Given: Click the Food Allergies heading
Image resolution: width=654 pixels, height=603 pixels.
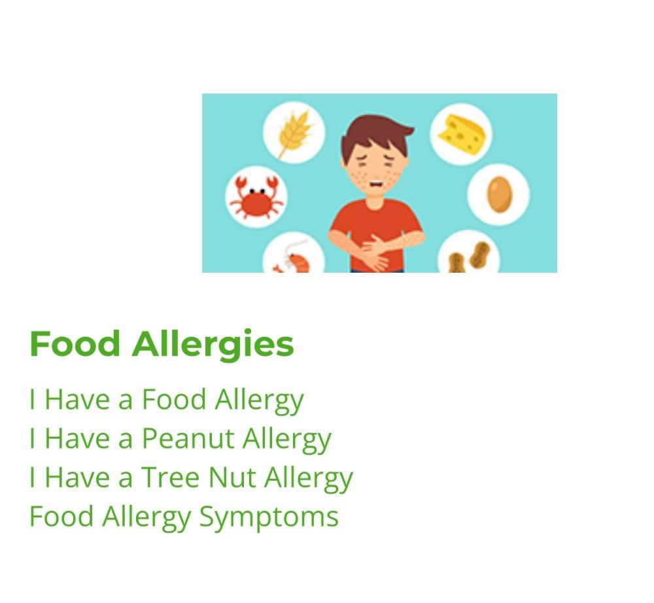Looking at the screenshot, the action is coord(162,345).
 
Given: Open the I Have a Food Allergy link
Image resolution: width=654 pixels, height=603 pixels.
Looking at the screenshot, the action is coord(167,400).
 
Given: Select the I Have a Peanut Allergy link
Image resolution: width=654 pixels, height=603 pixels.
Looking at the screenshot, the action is coord(181,439).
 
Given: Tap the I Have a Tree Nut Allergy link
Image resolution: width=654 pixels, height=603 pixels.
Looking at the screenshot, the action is coord(192,478).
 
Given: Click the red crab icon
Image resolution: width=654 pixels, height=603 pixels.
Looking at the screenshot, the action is coord(256,198).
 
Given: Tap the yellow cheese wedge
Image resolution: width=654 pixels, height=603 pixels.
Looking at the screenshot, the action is coord(461,134).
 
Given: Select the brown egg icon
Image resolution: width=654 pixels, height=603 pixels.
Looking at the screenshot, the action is coord(499,194).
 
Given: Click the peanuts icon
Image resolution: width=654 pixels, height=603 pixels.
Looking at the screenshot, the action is coord(469,256).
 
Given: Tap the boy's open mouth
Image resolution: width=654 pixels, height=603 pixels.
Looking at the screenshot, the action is coord(376,184).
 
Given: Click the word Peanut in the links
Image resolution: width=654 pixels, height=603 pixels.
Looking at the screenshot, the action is coord(188,439).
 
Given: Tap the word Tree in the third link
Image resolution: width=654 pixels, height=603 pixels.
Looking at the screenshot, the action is coord(171,477).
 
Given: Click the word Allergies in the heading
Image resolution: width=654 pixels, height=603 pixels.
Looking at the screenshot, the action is coord(213,345).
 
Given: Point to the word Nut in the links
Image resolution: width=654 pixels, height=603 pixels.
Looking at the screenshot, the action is coord(232,477).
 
